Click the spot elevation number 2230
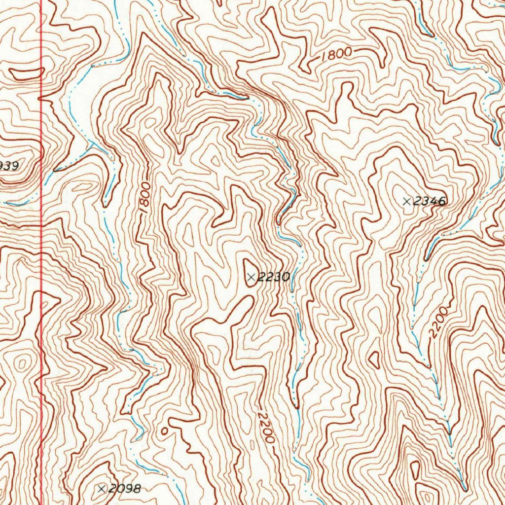[x=273, y=278]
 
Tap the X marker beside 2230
[x=251, y=278]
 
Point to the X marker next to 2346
[x=406, y=201]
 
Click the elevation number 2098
[x=124, y=489]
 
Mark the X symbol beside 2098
[x=102, y=489]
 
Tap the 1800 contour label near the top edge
[x=335, y=55]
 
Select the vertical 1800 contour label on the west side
[x=144, y=197]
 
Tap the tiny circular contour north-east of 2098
[x=165, y=431]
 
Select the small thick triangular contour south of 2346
[x=374, y=359]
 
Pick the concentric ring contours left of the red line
[x=21, y=364]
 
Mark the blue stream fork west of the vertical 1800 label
[x=92, y=144]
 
